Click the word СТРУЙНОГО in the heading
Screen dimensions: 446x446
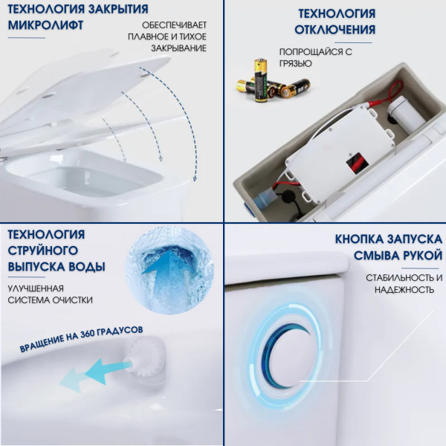coord(42,251)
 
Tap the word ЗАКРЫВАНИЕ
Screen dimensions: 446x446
coord(175,48)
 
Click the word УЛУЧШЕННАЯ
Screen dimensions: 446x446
coord(36,287)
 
